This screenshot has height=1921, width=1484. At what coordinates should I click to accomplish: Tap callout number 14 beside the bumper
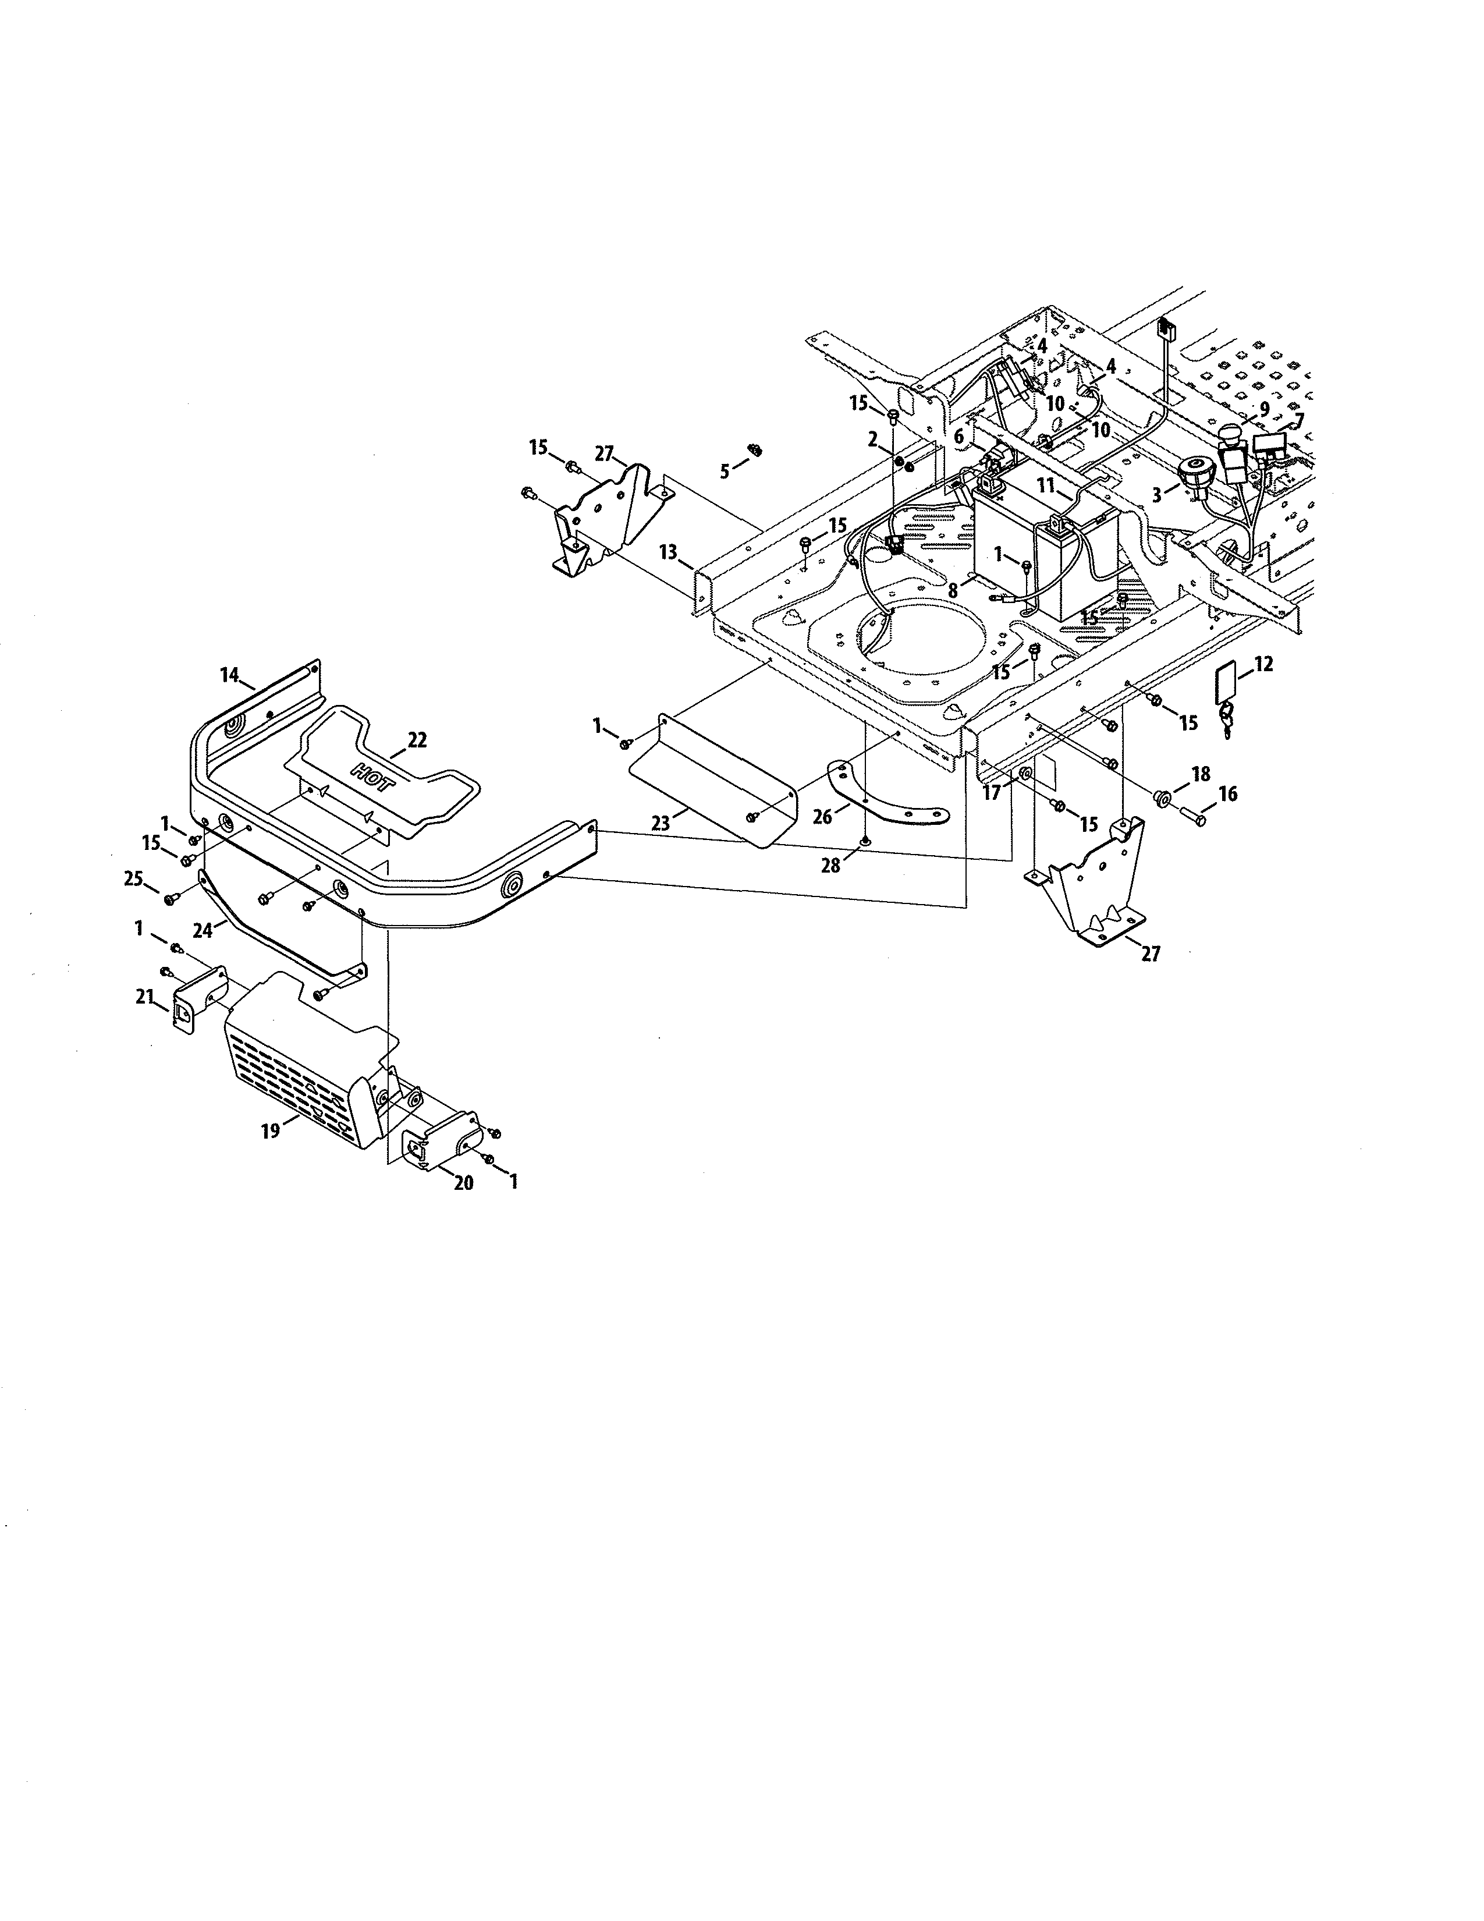tap(229, 675)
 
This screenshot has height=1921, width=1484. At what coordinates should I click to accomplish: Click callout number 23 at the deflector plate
tap(661, 823)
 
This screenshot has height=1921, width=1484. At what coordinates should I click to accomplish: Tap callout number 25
tap(133, 878)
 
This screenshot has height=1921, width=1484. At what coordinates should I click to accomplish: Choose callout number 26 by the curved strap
tap(822, 817)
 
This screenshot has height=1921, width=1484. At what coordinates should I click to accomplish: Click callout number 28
tap(830, 866)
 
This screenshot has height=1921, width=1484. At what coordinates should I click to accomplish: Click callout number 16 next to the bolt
tap(1228, 793)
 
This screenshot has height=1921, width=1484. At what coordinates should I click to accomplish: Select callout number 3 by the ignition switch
tap(1157, 495)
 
